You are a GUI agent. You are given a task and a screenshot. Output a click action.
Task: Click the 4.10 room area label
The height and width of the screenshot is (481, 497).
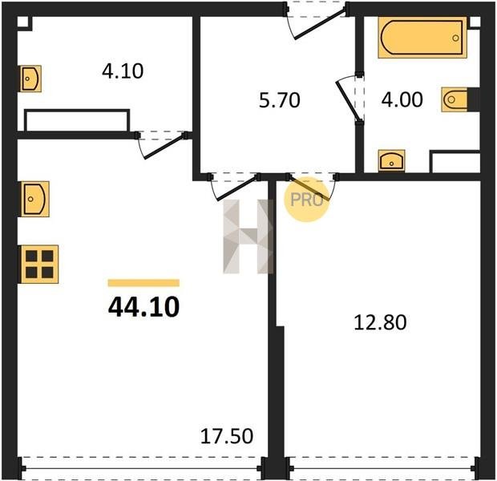point(123,71)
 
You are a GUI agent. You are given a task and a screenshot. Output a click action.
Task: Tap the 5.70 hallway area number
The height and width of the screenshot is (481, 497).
point(279,100)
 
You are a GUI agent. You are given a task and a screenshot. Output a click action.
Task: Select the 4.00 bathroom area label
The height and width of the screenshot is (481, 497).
point(402,99)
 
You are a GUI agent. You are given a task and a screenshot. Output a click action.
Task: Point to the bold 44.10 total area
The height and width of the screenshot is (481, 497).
point(144,308)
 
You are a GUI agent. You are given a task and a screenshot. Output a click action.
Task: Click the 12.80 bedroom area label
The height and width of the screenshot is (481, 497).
point(380,322)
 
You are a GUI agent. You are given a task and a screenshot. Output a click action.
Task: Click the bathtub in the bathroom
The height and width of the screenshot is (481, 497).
point(422,38)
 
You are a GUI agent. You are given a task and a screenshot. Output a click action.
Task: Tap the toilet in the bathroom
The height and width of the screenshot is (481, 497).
point(455,99)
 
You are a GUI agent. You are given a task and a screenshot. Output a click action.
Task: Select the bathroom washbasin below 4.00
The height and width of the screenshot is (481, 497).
point(391,160)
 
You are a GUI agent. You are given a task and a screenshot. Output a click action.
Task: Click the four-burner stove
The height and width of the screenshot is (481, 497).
point(39,264)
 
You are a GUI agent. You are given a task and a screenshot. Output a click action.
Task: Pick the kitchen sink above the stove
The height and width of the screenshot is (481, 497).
point(34,199)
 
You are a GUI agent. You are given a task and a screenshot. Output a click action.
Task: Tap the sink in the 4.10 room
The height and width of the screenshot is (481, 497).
point(30,79)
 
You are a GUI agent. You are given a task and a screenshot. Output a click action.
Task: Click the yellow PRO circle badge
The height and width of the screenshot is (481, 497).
point(306,200)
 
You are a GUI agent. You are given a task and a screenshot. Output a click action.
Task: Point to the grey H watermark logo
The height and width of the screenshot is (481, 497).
point(248,236)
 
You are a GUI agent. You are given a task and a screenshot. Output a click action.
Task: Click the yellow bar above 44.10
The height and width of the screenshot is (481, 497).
point(143,283)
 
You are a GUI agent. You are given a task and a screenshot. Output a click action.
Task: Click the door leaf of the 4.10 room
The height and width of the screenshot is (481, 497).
point(164,147)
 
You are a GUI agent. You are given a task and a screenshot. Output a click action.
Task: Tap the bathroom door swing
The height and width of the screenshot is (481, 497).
point(348,99)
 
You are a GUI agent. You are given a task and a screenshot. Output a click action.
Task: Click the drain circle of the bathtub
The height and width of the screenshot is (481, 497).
point(455,38)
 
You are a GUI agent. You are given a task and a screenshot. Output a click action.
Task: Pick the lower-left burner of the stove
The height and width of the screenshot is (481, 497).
point(31,273)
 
